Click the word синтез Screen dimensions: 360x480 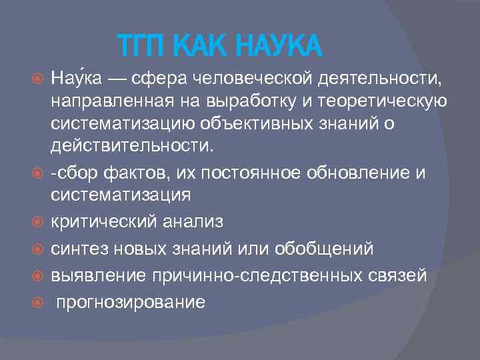click(78, 247)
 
